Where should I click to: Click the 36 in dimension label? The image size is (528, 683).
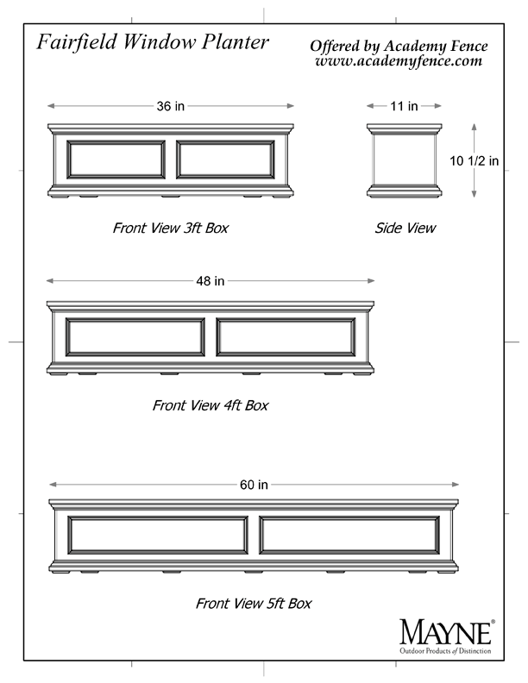coord(170,106)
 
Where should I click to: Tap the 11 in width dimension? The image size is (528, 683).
coord(404,106)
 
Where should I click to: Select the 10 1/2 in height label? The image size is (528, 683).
coord(474,160)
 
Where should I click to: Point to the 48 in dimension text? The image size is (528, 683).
coord(210,281)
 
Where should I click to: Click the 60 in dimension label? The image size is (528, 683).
coord(254,485)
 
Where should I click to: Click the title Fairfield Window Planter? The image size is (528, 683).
coord(153,43)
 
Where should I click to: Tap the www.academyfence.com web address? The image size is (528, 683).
coord(399,61)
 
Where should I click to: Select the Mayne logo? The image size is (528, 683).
coord(447,636)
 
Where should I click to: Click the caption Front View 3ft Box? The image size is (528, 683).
coord(170,228)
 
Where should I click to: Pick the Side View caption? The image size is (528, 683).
coord(405,228)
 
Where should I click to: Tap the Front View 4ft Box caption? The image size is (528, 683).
coord(210,405)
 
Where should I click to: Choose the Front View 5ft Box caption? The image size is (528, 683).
coord(254,604)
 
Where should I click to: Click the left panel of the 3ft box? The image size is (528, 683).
coord(116,160)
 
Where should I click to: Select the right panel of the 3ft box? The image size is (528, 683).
coord(225,160)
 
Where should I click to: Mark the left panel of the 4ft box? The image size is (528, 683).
coord(135,336)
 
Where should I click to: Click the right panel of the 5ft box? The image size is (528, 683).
coord(349,535)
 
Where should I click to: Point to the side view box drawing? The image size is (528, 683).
coord(405,160)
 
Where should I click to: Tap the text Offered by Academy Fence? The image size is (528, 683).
coord(399,47)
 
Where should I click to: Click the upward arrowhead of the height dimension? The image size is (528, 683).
coord(474,127)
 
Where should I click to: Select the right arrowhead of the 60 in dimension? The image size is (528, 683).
coord(456,485)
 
